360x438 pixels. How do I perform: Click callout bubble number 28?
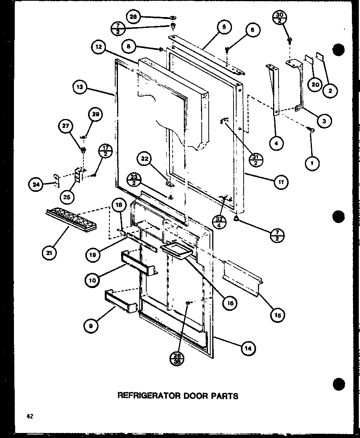133,17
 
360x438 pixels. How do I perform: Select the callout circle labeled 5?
224,28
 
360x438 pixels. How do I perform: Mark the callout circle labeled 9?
90,326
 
